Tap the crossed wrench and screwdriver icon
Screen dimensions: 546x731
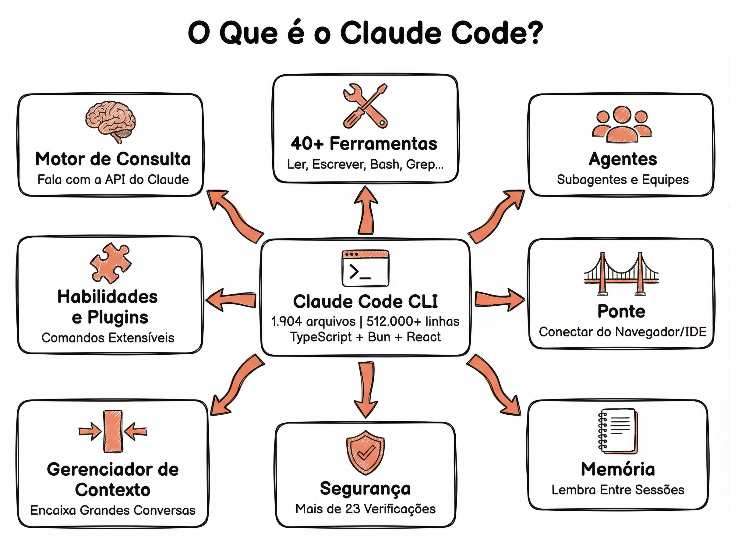point(365,106)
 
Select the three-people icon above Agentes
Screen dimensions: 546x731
point(622,124)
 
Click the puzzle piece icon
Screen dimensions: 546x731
point(110,263)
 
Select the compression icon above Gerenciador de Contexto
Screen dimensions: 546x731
point(113,431)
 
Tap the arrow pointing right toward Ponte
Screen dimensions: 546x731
point(499,300)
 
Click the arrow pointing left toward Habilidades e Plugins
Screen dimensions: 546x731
point(231,300)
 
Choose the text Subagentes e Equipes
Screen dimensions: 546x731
point(623,179)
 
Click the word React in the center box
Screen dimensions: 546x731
point(423,337)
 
